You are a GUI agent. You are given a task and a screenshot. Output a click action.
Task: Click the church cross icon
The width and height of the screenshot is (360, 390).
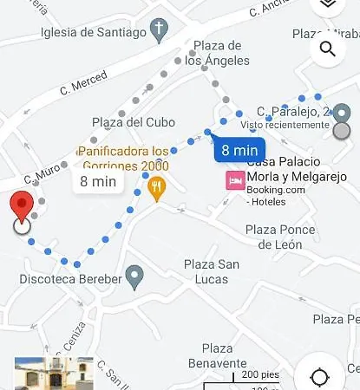159,33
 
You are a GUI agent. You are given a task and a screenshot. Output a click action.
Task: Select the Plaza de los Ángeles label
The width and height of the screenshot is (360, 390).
217,53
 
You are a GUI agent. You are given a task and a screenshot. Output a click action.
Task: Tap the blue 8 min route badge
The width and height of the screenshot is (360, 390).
237,149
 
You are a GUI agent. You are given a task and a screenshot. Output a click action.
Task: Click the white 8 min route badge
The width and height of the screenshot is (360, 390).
97,181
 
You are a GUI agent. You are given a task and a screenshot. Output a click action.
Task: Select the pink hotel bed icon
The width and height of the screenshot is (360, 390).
234,180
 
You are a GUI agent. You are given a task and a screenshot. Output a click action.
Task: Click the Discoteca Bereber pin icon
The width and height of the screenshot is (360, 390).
134,277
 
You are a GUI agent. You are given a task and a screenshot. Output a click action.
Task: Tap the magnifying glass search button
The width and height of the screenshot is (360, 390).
328,49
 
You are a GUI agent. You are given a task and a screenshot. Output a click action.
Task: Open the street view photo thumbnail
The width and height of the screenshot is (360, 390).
54,374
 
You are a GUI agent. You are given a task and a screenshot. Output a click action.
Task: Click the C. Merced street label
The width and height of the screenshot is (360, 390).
83,82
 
